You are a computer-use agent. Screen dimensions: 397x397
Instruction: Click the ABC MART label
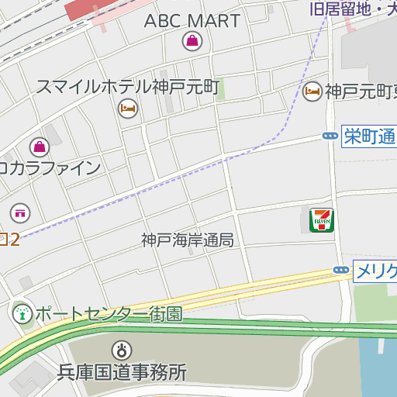pyautogui.click(x=192, y=21)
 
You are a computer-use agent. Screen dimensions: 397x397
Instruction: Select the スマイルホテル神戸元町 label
pyautogui.click(x=129, y=86)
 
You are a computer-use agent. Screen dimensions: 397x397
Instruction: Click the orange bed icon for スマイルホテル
pyautogui.click(x=127, y=109)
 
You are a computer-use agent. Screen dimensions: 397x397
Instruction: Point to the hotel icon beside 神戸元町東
pyautogui.click(x=312, y=91)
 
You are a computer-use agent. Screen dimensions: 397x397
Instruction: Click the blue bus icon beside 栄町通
pyautogui.click(x=330, y=136)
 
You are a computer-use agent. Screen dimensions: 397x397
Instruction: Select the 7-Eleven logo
pyautogui.click(x=320, y=220)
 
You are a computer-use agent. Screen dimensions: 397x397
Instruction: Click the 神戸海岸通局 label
pyautogui.click(x=187, y=240)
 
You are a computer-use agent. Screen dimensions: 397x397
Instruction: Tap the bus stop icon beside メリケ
pyautogui.click(x=340, y=270)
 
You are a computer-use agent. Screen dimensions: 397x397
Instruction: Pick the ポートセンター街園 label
pyautogui.click(x=109, y=314)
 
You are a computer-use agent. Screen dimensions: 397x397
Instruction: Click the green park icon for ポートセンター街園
pyautogui.click(x=21, y=314)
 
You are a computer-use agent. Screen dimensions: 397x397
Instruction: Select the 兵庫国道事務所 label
pyautogui.click(x=123, y=372)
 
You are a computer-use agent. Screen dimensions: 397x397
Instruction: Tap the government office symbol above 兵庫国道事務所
pyautogui.click(x=121, y=350)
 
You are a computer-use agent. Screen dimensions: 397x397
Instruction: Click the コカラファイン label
pyautogui.click(x=50, y=167)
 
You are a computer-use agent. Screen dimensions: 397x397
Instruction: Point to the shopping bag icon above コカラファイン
pyautogui.click(x=39, y=146)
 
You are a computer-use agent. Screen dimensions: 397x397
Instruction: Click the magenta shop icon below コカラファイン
pyautogui.click(x=20, y=212)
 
